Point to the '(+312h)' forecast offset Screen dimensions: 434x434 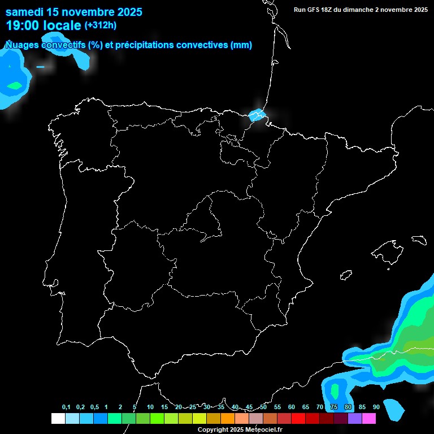click(101, 25)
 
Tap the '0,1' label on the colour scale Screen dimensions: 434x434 click(66, 407)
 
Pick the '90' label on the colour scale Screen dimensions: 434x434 click(376, 407)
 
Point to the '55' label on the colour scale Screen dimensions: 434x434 click(277, 407)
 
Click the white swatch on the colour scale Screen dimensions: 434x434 click(58, 418)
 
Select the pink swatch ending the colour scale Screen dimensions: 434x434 click(369, 418)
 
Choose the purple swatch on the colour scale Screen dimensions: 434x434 click(355, 418)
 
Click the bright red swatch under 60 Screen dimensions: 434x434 click(298, 418)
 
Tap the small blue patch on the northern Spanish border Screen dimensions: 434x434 click(258, 115)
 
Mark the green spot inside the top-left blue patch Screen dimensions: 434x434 click(14, 86)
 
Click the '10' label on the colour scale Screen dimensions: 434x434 click(150, 407)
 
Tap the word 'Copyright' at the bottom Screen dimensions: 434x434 click(212, 429)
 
